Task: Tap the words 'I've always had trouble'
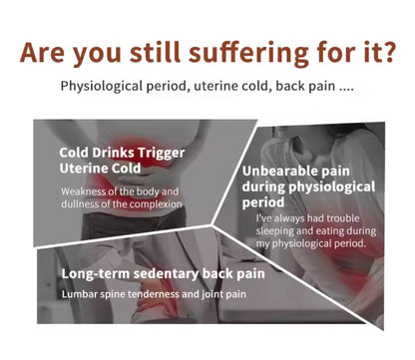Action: coord(305,217)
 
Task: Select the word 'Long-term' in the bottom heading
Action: coord(95,272)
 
